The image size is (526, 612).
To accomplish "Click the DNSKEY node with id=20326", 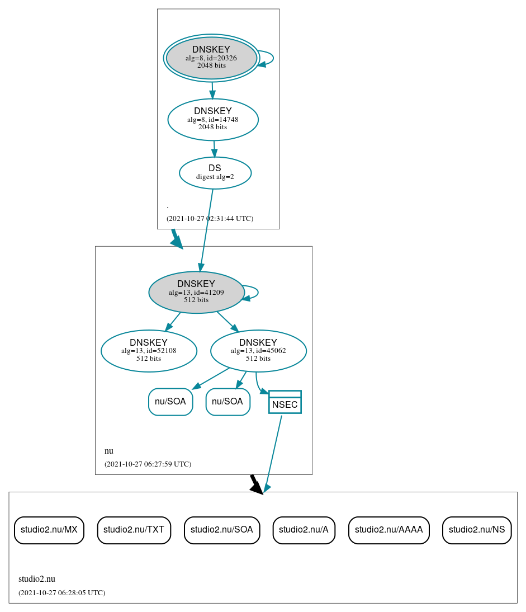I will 211,58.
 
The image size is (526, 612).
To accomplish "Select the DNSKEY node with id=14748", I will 213,119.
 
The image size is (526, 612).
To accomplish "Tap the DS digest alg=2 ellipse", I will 215,173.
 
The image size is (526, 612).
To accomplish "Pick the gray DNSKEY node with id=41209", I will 196,292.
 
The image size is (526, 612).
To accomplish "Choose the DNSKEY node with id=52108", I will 149,351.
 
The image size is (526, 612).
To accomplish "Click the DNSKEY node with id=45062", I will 258,351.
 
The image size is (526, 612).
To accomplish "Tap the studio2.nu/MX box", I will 49,530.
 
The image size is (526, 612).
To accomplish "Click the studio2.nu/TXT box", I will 134,530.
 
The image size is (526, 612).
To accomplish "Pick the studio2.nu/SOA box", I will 222,530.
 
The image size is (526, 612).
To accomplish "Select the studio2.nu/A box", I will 304,530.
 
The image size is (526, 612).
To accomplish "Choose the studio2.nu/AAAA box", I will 388,530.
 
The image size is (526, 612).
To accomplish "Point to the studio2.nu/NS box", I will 476,530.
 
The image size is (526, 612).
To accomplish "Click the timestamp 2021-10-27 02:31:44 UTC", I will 210,219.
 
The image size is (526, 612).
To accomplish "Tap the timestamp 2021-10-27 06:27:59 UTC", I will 148,464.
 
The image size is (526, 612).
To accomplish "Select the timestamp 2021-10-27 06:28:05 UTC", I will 61,593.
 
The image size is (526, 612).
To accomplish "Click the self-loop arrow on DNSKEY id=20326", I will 272,58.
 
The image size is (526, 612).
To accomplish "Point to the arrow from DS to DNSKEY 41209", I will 206,229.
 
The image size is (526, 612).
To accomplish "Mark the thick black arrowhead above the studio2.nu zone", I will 255,486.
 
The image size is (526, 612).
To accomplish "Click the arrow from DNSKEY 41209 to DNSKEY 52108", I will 173,322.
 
